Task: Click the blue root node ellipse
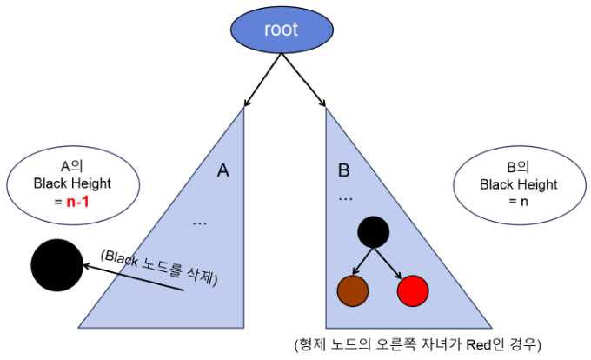click(281, 30)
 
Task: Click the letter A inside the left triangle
click(223, 170)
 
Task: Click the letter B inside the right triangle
click(344, 170)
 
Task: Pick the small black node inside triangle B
click(373, 231)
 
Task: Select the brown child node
click(353, 291)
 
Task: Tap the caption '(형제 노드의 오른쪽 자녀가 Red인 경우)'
click(417, 343)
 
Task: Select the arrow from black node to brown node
click(360, 262)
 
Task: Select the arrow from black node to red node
click(392, 262)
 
